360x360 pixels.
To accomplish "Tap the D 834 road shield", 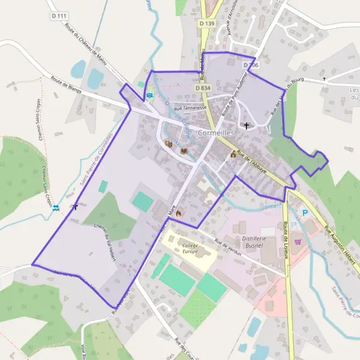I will tap(203, 88).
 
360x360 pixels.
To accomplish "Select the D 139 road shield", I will tap(206, 23).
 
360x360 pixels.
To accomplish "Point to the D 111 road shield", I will tap(58, 16).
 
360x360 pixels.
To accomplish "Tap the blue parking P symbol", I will tap(305, 212).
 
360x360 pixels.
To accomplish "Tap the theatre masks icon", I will tap(169, 144).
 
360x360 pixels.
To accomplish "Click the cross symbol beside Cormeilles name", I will tap(246, 126).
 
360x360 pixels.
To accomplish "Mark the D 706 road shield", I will tap(251, 65).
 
